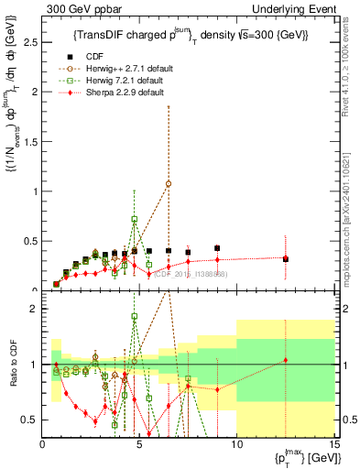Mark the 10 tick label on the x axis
(237, 443)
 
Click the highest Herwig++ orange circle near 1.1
(169, 183)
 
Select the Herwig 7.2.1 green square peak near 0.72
(135, 220)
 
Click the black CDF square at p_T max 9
(217, 248)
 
